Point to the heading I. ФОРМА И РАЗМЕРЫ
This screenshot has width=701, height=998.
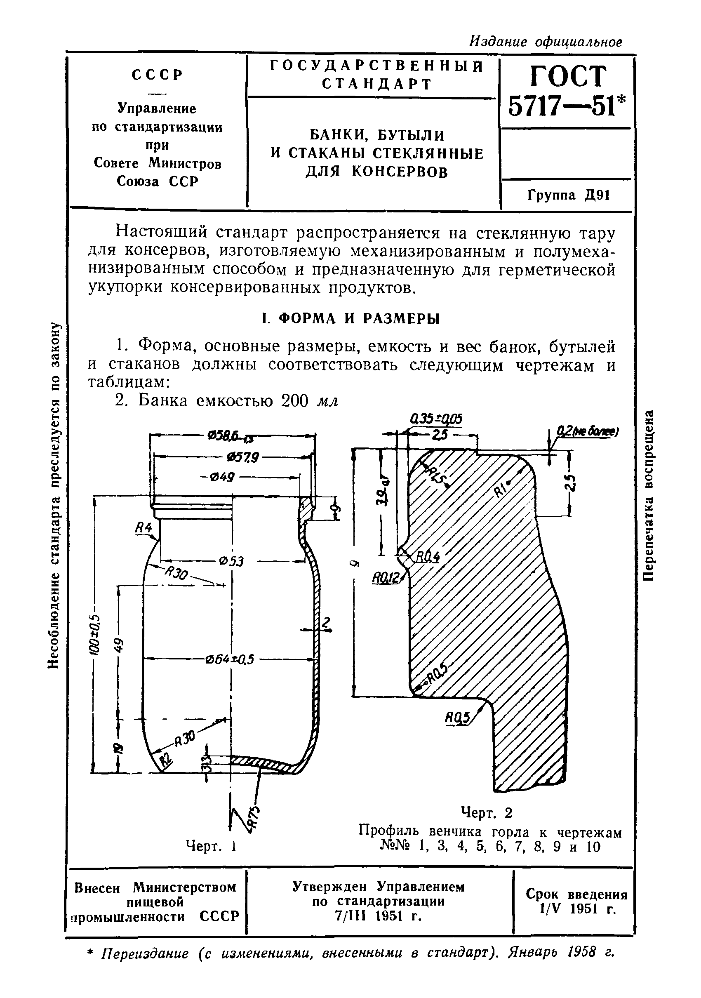tap(351, 319)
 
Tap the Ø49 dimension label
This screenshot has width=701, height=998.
tap(222, 477)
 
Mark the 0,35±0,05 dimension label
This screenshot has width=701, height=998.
tap(436, 419)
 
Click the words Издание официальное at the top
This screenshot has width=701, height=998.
tap(546, 42)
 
